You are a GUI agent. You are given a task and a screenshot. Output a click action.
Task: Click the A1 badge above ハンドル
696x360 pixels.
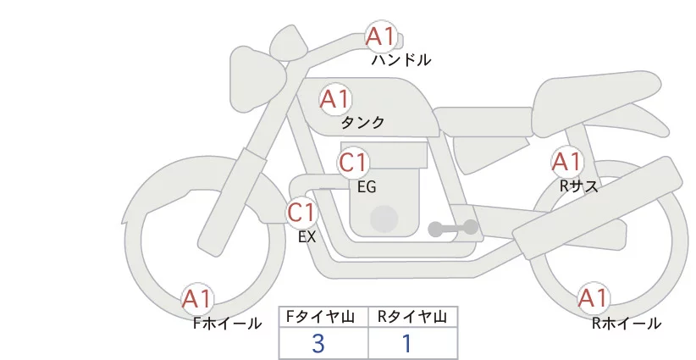tap(381, 36)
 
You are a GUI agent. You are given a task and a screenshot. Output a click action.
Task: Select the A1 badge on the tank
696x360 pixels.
tap(335, 99)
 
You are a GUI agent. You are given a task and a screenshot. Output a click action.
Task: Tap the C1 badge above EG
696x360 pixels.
tap(353, 163)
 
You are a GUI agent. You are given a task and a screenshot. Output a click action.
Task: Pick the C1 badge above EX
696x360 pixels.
tap(301, 213)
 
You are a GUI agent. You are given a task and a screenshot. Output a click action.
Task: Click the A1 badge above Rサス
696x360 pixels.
tap(566, 162)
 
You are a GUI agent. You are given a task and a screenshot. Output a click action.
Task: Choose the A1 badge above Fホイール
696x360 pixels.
tap(197, 299)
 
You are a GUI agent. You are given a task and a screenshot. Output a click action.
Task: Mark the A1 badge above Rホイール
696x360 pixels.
tap(593, 298)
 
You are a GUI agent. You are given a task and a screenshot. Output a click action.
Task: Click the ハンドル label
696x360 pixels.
tap(400, 60)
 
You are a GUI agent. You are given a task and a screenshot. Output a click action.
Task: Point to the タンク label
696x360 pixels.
tap(362, 123)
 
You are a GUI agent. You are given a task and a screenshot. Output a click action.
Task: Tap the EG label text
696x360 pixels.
tap(367, 187)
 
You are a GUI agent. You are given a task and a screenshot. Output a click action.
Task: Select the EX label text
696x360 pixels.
tap(307, 237)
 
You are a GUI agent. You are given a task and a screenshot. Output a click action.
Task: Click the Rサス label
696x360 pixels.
tap(579, 186)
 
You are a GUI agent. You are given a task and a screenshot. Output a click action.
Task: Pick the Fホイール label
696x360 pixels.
tap(227, 324)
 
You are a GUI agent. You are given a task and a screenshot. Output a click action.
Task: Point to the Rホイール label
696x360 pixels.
tap(627, 324)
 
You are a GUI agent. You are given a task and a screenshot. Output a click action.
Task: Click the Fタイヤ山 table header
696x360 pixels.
tap(320, 317)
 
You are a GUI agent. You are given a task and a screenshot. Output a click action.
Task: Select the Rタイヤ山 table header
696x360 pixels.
tap(412, 317)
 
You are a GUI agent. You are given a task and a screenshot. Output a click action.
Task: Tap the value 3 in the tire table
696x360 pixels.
tap(318, 344)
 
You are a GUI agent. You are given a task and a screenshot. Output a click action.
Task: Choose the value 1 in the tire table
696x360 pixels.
tap(407, 344)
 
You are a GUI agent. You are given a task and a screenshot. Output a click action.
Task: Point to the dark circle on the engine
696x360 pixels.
tap(384, 219)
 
